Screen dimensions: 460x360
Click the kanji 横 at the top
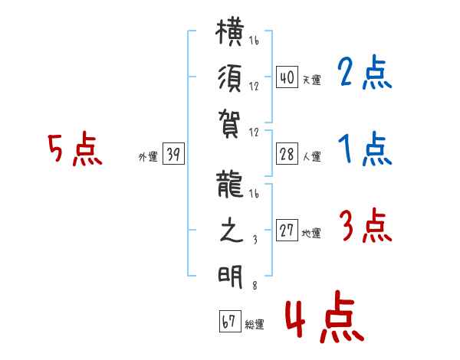[x=230, y=32]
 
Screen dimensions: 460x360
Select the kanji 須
[x=230, y=78]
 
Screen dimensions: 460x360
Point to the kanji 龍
[x=230, y=185]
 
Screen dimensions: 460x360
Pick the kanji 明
[x=230, y=277]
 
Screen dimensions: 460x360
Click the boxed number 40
[x=287, y=77]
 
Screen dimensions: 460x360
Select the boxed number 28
[x=287, y=154]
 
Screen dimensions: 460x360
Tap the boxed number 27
[x=287, y=230]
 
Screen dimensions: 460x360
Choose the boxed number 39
[x=173, y=153]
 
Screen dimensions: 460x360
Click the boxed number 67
[x=230, y=321]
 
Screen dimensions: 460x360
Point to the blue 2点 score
[x=364, y=72]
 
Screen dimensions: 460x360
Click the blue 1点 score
[x=365, y=149]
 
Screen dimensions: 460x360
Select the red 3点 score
[x=365, y=225]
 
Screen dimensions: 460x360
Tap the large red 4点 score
[x=325, y=316]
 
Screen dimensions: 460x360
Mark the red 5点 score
[x=75, y=149]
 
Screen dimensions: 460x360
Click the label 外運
[x=148, y=157]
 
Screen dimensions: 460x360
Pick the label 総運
[x=255, y=325]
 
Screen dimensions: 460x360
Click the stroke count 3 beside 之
[x=255, y=240]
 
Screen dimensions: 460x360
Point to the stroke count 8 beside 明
[x=255, y=286]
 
